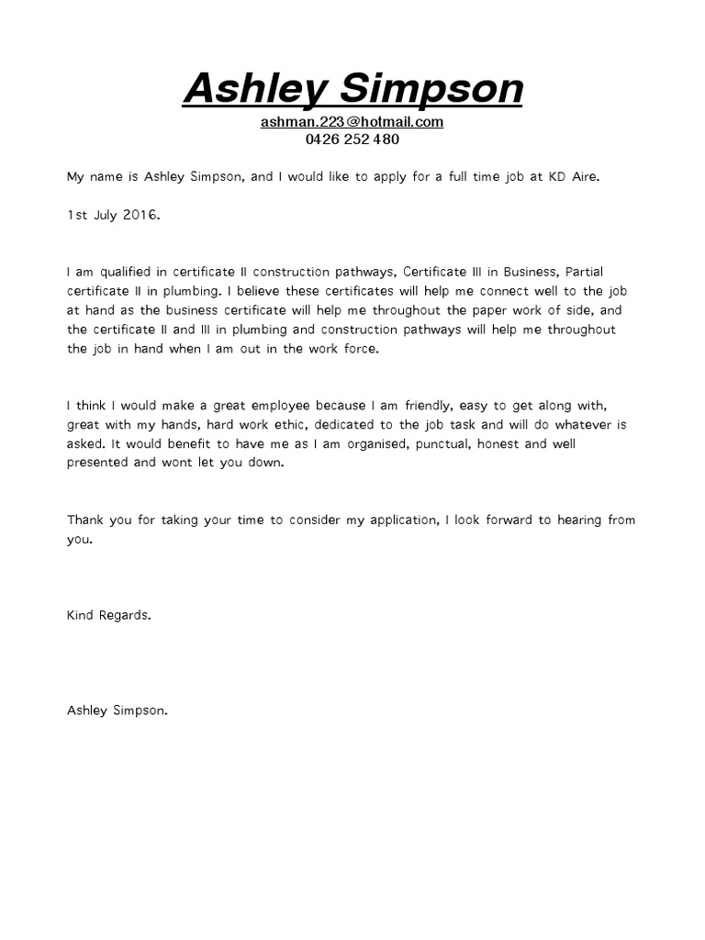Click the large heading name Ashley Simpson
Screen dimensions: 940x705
click(x=352, y=89)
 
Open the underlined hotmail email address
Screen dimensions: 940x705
click(x=352, y=122)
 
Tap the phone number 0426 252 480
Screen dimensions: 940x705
click(x=352, y=140)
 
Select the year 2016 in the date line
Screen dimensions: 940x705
click(x=141, y=214)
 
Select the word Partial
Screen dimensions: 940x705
click(x=587, y=273)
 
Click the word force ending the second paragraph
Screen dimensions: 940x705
click(x=357, y=349)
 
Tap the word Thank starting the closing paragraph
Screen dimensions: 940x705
click(x=86, y=520)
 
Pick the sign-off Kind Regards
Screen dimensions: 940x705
click(x=108, y=615)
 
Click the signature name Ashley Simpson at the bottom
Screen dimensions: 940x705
click(x=117, y=710)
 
